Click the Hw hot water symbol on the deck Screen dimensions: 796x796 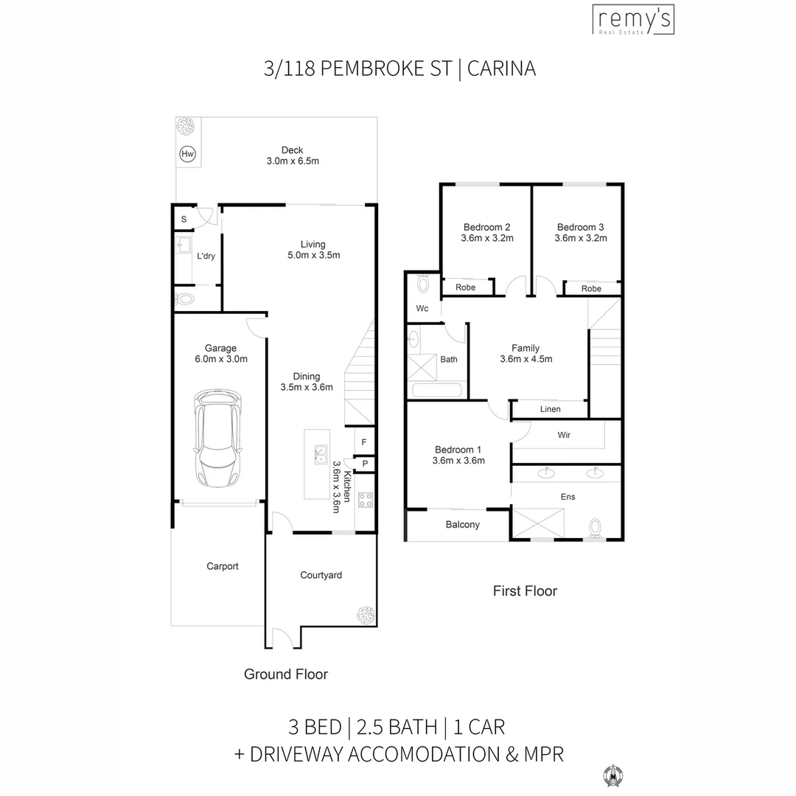[x=187, y=154]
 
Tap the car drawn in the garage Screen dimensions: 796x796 [x=217, y=439]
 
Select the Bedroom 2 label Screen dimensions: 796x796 [x=487, y=228]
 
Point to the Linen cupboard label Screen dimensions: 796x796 [x=551, y=409]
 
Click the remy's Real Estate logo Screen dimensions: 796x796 [x=634, y=20]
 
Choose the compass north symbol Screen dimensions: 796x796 [x=613, y=775]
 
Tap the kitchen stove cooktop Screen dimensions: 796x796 [x=366, y=500]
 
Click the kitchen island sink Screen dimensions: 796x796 [x=321, y=455]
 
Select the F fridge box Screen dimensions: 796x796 [x=364, y=442]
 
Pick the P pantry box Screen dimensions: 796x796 [x=365, y=464]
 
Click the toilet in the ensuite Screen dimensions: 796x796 [x=595, y=528]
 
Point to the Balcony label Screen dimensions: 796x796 [x=462, y=525]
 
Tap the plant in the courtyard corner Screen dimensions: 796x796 [x=366, y=615]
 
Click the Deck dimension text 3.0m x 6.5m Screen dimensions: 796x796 [x=293, y=161]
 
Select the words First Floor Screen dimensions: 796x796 [x=525, y=591]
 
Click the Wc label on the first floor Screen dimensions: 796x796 [x=422, y=309]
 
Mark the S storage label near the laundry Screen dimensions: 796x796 [x=184, y=220]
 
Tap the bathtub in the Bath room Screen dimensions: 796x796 [x=436, y=390]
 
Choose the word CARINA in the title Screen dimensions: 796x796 [x=502, y=69]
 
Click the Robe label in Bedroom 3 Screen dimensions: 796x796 [x=591, y=289]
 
